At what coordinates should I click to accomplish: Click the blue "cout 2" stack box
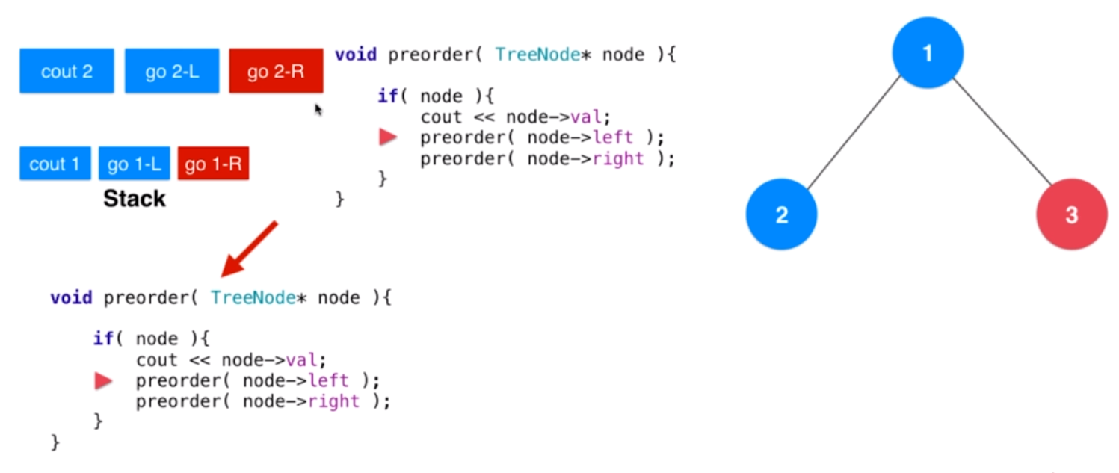click(x=67, y=71)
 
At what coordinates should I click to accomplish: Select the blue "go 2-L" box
click(x=172, y=71)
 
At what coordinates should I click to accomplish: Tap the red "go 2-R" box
click(x=276, y=71)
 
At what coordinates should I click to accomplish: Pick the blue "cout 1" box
click(x=55, y=164)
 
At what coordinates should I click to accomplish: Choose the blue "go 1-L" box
click(x=134, y=164)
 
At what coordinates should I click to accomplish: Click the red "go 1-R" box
click(x=213, y=164)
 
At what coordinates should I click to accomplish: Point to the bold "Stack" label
click(x=135, y=199)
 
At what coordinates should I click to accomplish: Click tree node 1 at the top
click(x=928, y=53)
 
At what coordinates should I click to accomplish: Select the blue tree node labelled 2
click(x=781, y=215)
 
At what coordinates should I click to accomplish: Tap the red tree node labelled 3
click(x=1071, y=215)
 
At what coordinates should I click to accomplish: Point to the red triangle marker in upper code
click(x=388, y=137)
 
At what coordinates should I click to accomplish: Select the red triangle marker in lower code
click(x=103, y=382)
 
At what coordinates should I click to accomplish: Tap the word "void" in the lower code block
click(x=71, y=298)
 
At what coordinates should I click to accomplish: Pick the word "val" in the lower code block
click(x=306, y=360)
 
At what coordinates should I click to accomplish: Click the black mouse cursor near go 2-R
click(x=318, y=110)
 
